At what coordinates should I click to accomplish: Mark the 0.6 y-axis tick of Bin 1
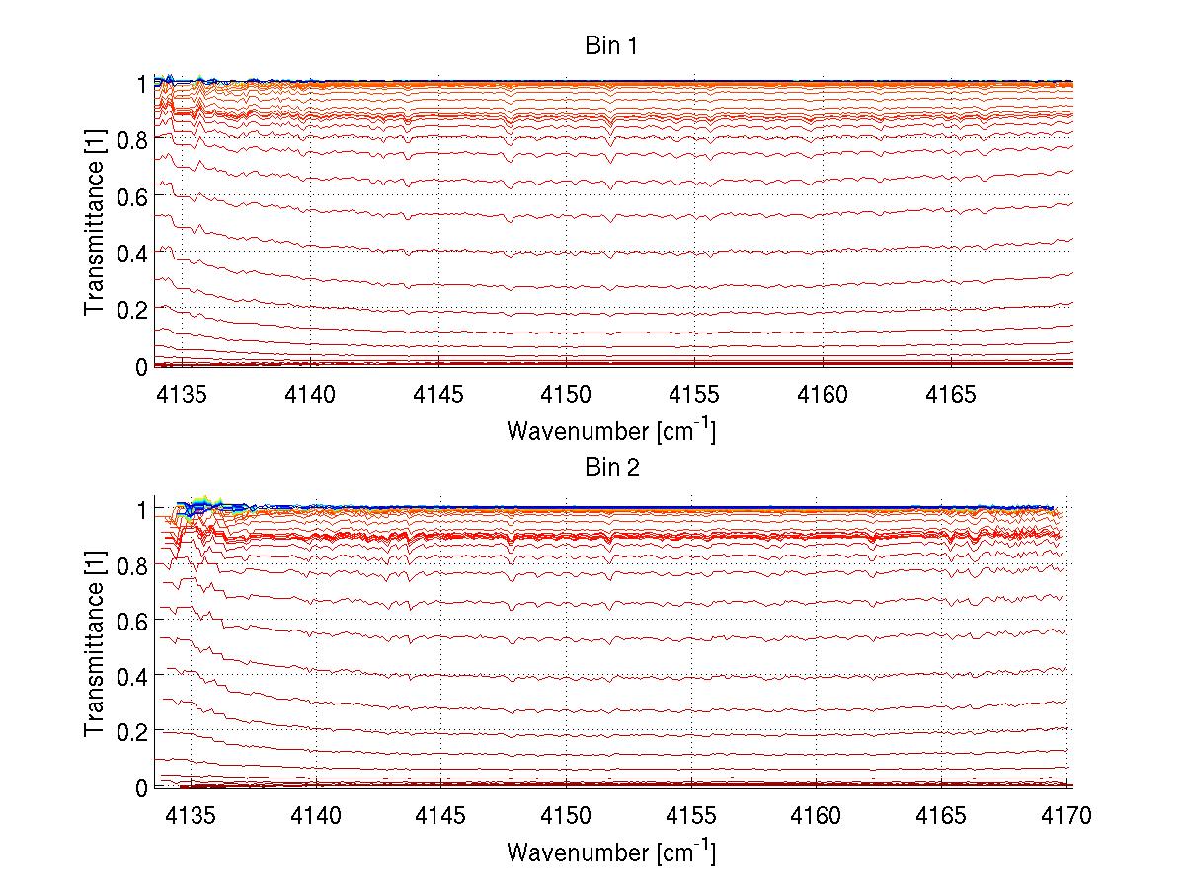pos(132,196)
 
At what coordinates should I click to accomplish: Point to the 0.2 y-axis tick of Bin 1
pos(132,309)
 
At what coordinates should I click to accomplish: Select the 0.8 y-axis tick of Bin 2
pos(132,565)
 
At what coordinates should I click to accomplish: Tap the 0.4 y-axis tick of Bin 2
pos(132,677)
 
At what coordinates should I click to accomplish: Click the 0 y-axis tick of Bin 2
pos(141,788)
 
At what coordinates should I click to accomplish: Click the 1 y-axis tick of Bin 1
pos(141,85)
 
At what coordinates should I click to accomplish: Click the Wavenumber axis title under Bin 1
pos(610,430)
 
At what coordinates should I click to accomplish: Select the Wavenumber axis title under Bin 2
pos(610,852)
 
